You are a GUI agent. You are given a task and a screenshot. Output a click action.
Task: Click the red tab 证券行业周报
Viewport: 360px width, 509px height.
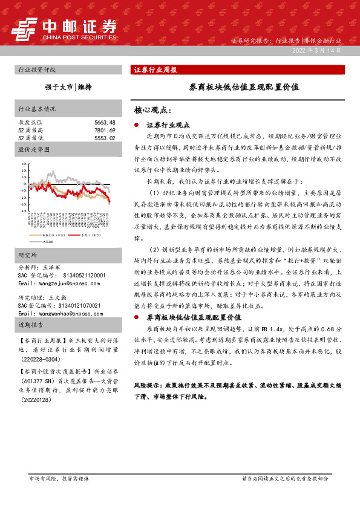[155, 70]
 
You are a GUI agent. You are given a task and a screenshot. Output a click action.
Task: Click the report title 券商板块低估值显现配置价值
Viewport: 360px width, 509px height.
[244, 87]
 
